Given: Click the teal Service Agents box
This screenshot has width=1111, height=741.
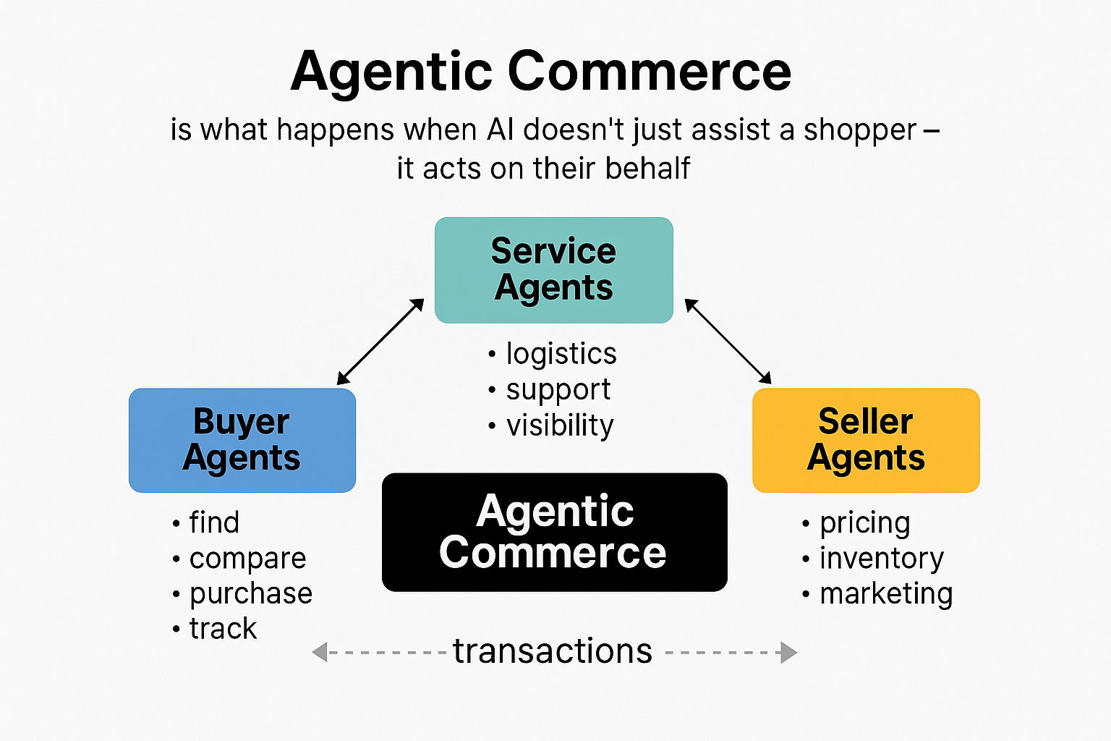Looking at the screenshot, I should pos(553,270).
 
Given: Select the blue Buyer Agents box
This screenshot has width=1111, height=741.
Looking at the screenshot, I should pos(242,440).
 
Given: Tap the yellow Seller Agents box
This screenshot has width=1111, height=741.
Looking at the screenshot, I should pos(866,440).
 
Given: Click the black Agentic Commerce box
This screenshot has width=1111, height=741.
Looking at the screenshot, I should pos(554,532).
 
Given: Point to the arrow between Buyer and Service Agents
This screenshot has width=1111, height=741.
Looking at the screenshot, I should pos(380,342).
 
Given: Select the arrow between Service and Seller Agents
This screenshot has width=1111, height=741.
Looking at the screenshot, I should pos(728,341).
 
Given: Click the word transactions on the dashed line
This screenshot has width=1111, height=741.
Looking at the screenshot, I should pos(553,651).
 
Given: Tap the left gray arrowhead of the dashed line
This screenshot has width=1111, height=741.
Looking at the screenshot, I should pos(320,652).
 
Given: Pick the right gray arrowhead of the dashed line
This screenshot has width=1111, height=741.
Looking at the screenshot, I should pos(788,652).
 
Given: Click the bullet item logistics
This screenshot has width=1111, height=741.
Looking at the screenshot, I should pos(561,354).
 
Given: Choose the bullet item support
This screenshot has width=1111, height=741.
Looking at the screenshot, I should pos(558,390).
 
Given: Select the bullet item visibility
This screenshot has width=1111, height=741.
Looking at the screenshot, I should pos(559,425).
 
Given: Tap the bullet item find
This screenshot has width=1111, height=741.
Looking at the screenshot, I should pos(213,522).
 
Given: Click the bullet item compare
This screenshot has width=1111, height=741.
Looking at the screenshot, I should pos(247,559).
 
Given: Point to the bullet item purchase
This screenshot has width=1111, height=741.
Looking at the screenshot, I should pos(250,594).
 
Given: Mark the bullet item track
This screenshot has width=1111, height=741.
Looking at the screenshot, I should pos(223,629).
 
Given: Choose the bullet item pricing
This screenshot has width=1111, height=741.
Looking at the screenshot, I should pos(864,523).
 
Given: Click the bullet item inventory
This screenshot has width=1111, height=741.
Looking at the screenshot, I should pos(881,559).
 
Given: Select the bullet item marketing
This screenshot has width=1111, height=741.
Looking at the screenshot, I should pos(885,594).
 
